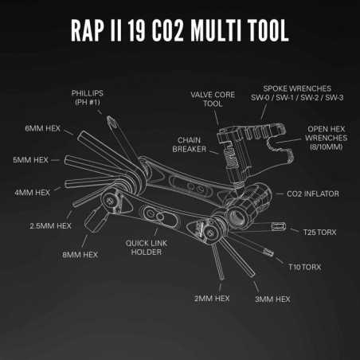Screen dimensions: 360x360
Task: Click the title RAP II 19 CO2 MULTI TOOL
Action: pos(180,31)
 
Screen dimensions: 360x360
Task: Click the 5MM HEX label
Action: pos(32,159)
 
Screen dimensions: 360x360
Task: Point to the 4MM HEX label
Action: pos(33,192)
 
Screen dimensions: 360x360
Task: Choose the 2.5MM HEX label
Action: pos(46,225)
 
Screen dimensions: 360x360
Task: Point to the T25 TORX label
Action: pos(320,232)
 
